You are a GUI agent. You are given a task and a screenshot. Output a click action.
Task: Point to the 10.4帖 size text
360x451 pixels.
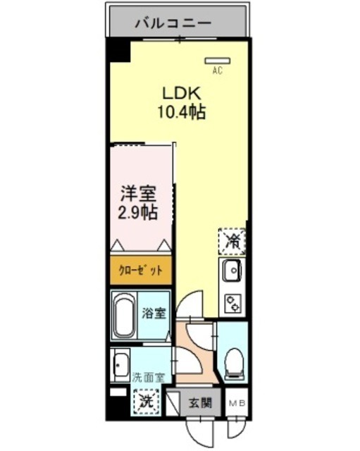(182, 111)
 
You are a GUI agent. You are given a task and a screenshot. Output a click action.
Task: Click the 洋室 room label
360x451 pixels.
(138, 193)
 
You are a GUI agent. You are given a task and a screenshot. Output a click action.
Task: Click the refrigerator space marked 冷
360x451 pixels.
(232, 240)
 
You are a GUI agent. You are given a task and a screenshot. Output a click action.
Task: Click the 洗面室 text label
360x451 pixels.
(148, 377)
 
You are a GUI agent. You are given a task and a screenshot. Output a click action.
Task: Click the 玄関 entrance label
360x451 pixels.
(200, 403)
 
